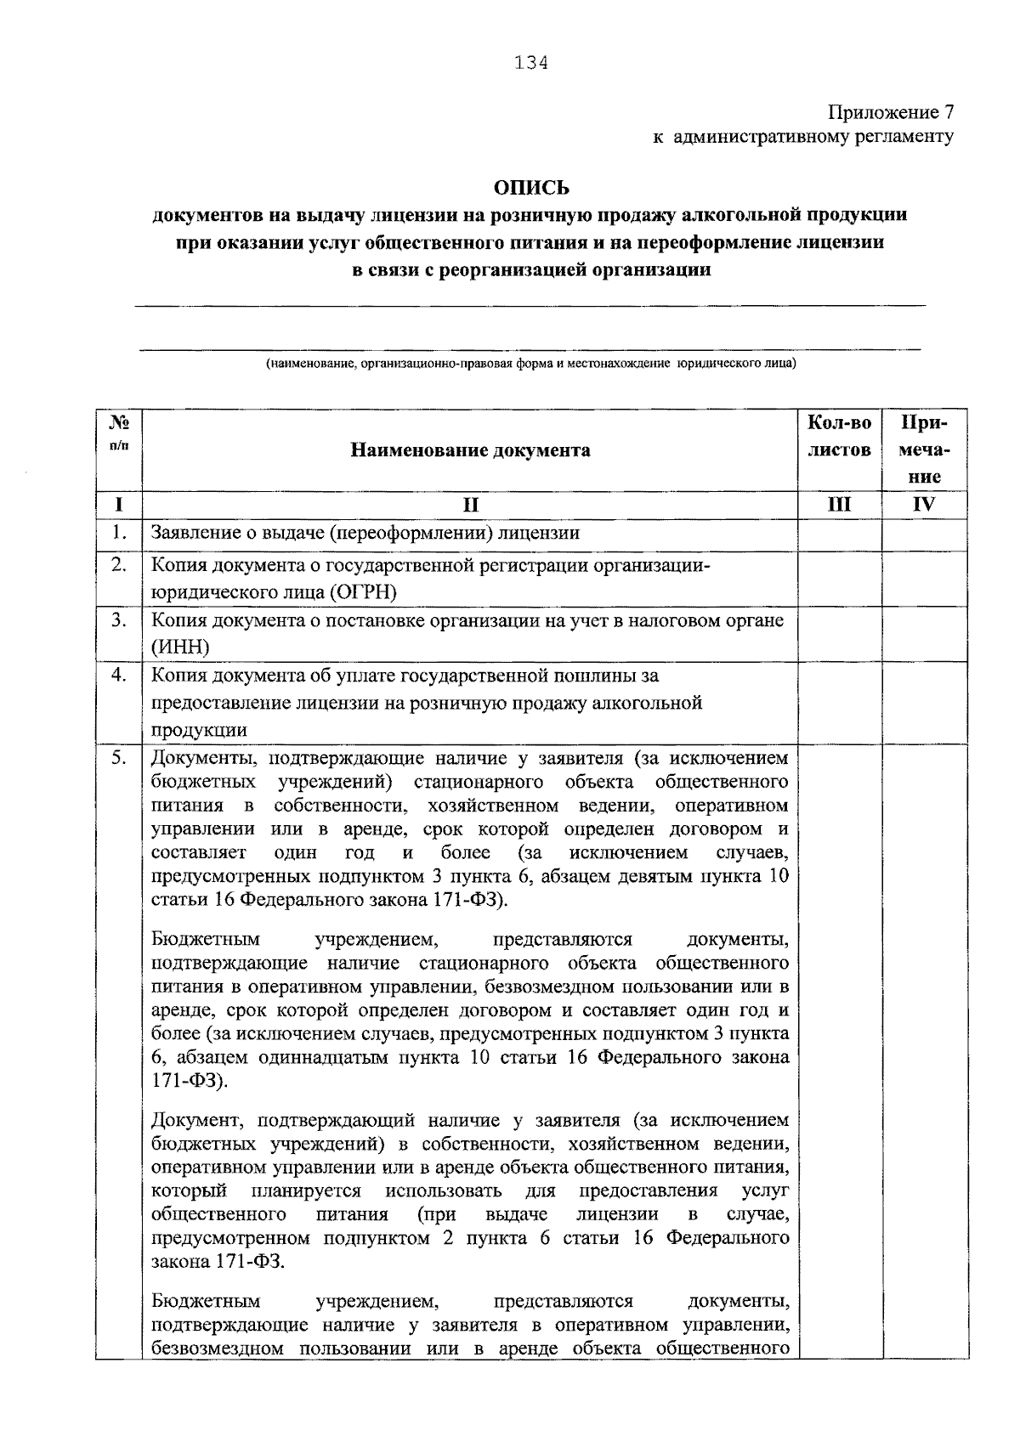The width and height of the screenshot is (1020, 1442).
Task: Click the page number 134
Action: click(x=531, y=63)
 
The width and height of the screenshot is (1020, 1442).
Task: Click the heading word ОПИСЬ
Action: click(x=531, y=187)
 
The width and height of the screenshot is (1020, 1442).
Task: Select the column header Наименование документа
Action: click(x=470, y=450)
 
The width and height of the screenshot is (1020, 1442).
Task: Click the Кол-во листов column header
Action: click(x=839, y=436)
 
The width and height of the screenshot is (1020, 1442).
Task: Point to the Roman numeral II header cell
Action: click(x=470, y=505)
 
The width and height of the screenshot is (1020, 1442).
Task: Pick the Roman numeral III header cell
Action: click(x=839, y=505)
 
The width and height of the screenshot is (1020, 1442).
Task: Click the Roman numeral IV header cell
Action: click(x=924, y=505)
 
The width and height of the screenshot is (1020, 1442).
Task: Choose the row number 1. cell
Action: click(x=119, y=534)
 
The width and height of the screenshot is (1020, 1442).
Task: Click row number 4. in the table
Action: click(x=119, y=676)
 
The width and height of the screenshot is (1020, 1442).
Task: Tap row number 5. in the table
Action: click(x=119, y=757)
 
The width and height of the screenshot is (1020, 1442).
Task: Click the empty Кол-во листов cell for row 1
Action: click(x=839, y=534)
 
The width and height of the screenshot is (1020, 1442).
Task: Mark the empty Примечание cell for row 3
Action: click(x=924, y=634)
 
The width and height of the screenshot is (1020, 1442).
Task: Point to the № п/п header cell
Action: click(x=119, y=432)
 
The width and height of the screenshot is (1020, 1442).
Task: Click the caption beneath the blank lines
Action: click(x=531, y=364)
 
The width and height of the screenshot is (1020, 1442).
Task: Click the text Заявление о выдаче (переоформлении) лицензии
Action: click(x=365, y=534)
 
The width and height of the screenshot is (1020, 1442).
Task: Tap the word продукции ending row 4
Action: click(x=199, y=730)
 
